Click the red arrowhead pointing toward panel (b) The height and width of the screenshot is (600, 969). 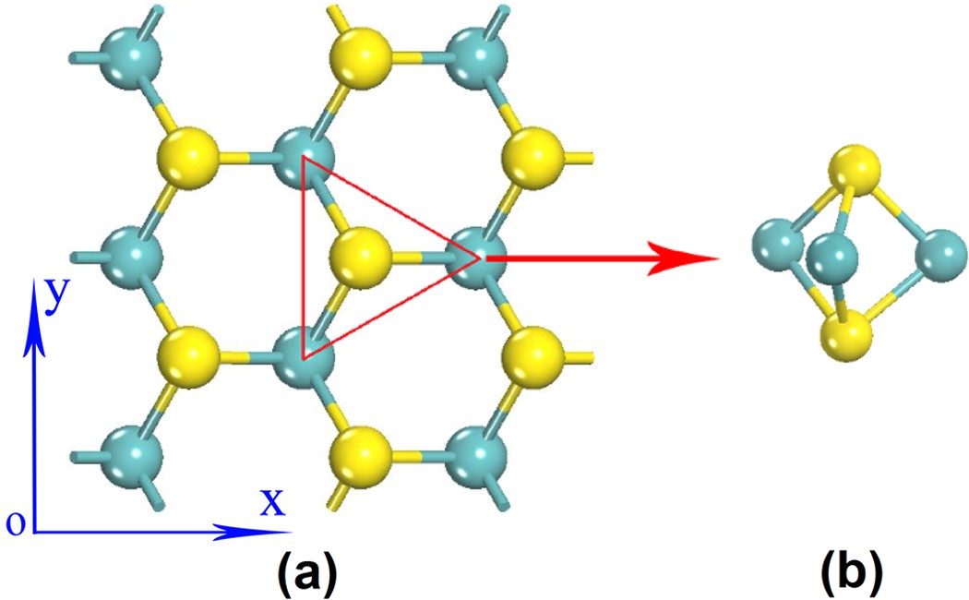click(688, 259)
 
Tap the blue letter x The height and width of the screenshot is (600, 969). click(271, 502)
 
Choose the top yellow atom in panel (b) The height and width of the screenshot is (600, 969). click(853, 172)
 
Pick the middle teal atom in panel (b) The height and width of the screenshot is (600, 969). click(834, 259)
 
